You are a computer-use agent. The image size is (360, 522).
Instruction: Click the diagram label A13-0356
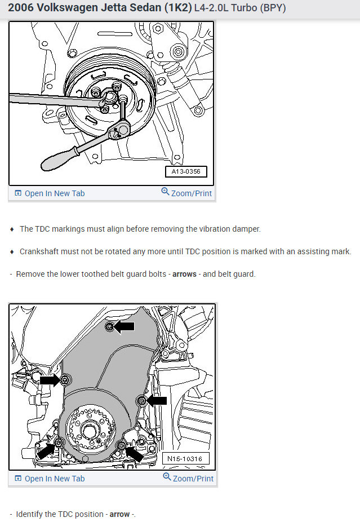tap(186, 171)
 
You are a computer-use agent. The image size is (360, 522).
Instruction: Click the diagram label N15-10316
tap(188, 458)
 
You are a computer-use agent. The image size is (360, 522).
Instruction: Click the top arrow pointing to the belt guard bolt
tap(125, 326)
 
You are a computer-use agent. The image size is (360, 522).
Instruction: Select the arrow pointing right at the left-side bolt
tap(50, 381)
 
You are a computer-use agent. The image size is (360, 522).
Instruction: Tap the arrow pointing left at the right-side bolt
tap(157, 400)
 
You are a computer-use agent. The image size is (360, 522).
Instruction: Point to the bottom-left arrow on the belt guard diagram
tap(45, 452)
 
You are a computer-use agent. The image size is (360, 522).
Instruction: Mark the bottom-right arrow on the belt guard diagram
tap(135, 452)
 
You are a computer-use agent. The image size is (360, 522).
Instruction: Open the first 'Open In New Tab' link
tap(55, 193)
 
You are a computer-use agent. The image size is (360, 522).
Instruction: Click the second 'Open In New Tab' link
tap(55, 479)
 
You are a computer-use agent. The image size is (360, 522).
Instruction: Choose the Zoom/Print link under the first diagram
tap(192, 193)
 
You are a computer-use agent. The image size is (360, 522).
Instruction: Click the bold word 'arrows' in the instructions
tap(184, 275)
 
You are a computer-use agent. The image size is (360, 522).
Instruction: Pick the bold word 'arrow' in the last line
tap(119, 515)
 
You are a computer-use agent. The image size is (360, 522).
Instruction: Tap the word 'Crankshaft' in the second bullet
tap(38, 251)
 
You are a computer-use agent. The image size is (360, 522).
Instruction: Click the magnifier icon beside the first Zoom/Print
tap(165, 192)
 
